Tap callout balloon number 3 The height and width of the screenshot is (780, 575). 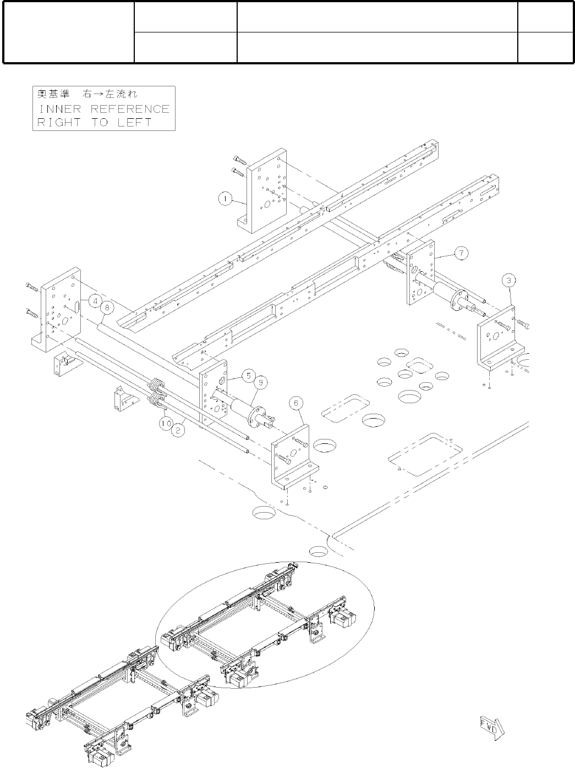[510, 281]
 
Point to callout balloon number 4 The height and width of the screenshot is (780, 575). [96, 301]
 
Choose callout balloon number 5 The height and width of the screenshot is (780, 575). [248, 376]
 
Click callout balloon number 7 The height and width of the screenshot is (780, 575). [462, 253]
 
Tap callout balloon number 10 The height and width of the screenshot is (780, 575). [166, 423]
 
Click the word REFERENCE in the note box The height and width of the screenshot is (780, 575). [130, 109]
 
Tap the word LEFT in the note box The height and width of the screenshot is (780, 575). [134, 122]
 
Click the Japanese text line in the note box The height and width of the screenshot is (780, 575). [87, 94]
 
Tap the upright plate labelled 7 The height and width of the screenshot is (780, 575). [420, 272]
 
